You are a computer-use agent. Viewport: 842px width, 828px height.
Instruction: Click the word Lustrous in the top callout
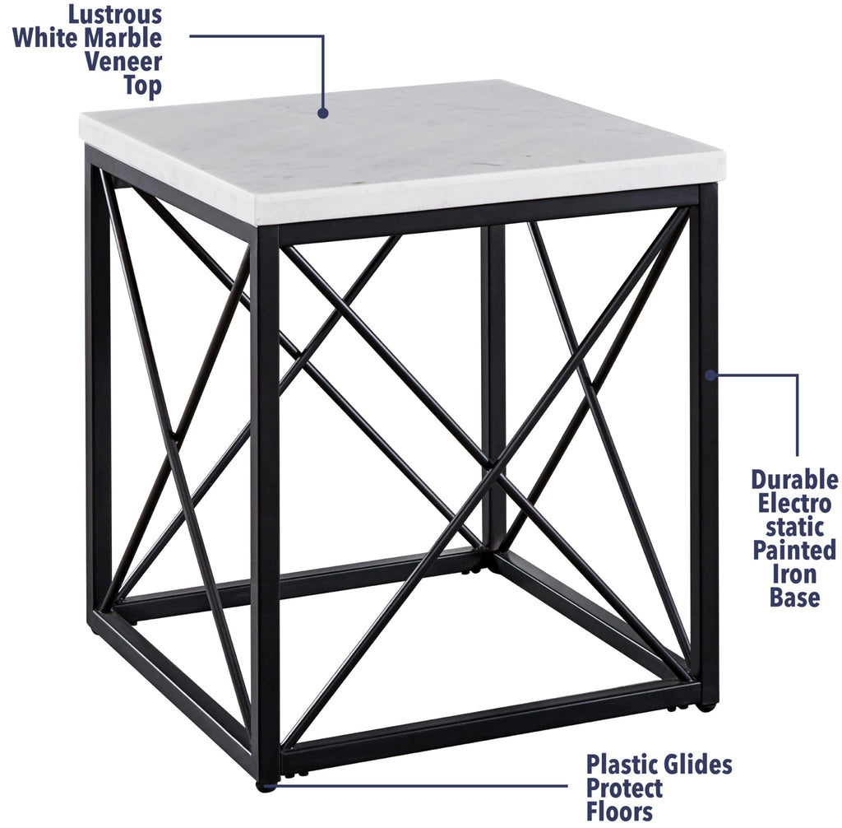tap(115, 14)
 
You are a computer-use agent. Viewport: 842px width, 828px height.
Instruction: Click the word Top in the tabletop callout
tap(142, 86)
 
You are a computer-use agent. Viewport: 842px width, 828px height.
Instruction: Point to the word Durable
tap(794, 480)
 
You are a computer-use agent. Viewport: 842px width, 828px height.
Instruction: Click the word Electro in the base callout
tap(794, 503)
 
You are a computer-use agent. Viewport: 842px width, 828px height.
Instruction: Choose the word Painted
tap(794, 550)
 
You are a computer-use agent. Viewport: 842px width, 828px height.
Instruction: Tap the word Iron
tap(794, 574)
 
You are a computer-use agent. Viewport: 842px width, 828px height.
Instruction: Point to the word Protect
tap(625, 788)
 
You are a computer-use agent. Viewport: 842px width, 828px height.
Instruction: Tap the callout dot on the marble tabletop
tap(323, 113)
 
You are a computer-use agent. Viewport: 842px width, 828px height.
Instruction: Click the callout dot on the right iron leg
tap(709, 375)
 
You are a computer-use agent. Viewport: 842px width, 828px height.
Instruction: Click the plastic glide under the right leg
tap(706, 705)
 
